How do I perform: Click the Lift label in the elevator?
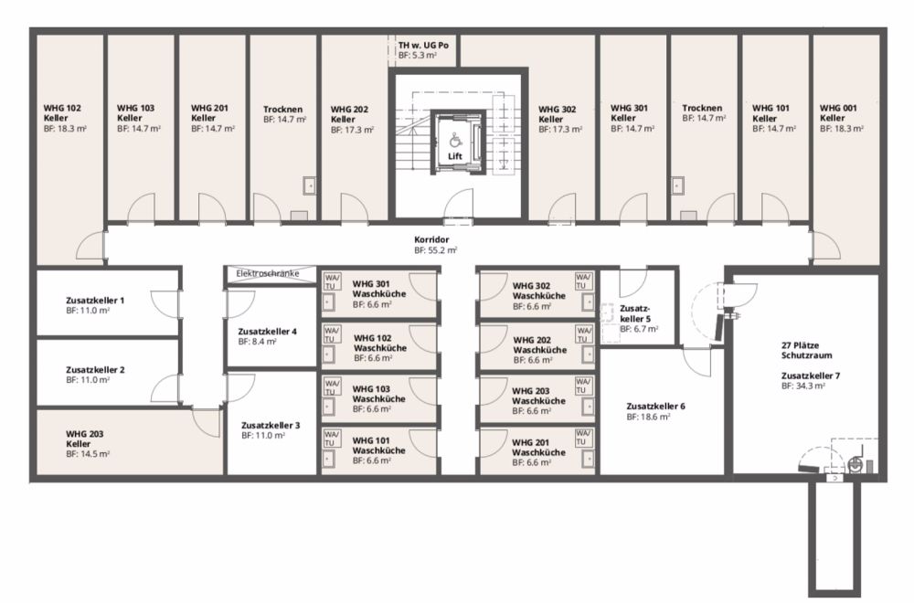[454, 156]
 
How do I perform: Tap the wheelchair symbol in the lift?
[454, 140]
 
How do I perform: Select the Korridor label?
[431, 239]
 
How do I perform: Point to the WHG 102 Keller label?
[62, 113]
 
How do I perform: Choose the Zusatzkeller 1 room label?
[95, 301]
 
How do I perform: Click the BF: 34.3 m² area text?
[803, 386]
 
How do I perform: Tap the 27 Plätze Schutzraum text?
[807, 350]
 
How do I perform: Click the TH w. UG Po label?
[423, 45]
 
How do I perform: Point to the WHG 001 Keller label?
[838, 113]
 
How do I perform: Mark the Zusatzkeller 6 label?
[655, 406]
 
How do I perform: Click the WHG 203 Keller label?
[84, 439]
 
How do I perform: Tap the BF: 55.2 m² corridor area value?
[435, 250]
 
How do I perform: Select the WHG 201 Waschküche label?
[538, 448]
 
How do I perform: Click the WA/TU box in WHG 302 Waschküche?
[583, 281]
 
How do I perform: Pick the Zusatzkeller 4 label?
[268, 332]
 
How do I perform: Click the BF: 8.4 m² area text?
[257, 342]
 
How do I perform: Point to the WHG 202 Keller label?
[350, 114]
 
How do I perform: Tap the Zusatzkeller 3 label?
[271, 426]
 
